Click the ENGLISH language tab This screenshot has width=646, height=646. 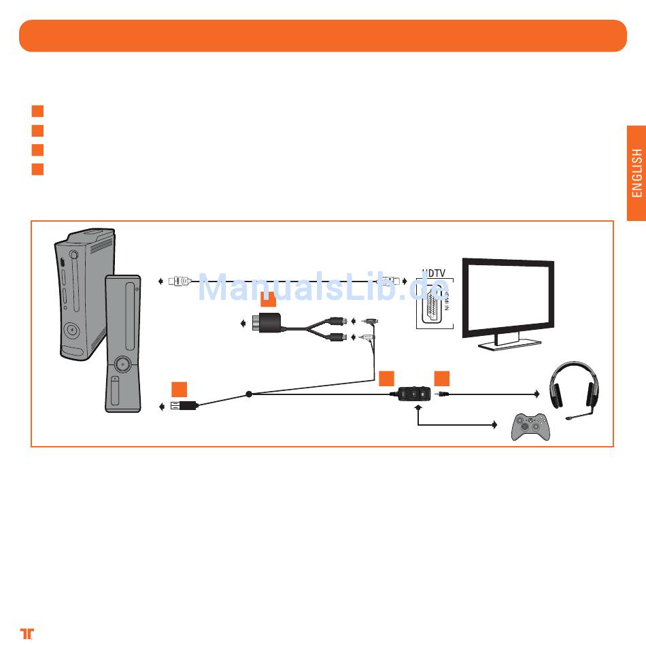636,173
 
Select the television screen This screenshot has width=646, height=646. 507,296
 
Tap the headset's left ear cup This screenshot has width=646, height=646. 558,393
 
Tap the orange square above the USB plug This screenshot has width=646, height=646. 179,389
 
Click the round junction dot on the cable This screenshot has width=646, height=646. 249,394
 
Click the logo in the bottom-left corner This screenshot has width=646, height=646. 27,632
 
